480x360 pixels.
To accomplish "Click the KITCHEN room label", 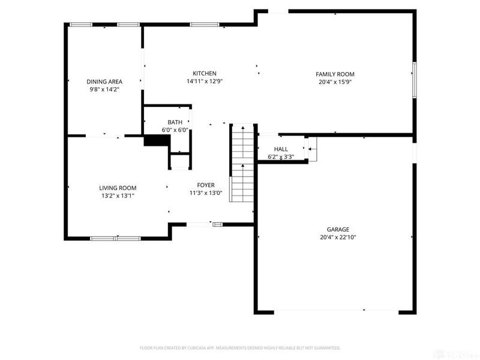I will tap(204, 74).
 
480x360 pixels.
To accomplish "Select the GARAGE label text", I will tap(338, 229).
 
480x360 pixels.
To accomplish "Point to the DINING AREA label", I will tap(104, 82).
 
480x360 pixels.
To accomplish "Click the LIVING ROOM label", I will tap(118, 187).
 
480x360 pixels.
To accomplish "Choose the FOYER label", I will tap(206, 185).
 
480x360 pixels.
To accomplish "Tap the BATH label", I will tap(175, 122).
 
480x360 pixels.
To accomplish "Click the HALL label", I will tap(281, 149).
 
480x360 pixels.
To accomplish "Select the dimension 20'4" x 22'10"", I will tap(338, 237).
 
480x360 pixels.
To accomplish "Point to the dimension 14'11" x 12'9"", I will tap(204, 82).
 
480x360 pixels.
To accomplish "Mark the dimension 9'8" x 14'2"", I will tap(104, 89).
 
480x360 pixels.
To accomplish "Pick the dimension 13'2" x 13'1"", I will tap(118, 195).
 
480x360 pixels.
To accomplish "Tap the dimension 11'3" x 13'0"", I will tap(206, 193).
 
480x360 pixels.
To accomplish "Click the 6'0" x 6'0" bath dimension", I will tap(175, 130).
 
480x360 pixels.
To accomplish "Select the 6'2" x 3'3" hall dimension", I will tap(281, 157).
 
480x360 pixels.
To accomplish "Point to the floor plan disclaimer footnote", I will tap(240, 347).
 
